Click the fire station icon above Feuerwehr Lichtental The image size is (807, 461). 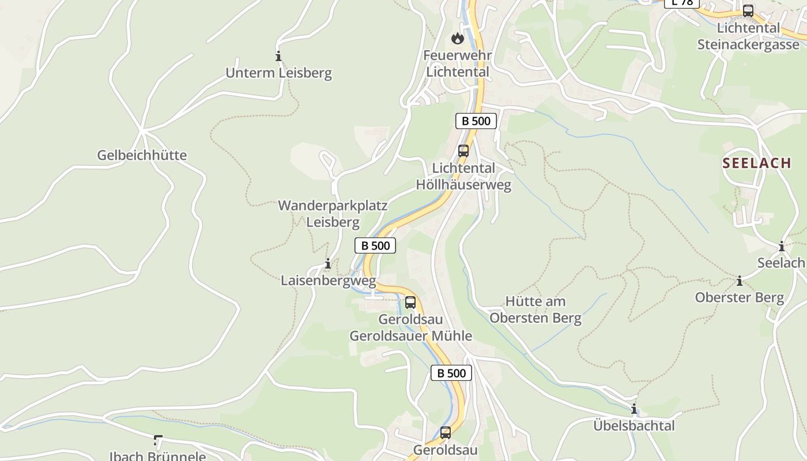click(457, 39)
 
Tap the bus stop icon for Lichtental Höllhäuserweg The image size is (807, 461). click(463, 151)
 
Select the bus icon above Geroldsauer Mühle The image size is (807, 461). click(410, 302)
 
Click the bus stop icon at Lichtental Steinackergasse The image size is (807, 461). click(748, 10)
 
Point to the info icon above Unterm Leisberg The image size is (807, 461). click(278, 56)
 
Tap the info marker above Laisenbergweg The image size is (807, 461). click(327, 264)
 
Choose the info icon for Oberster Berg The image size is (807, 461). click(740, 281)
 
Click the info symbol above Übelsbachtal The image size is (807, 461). click(634, 409)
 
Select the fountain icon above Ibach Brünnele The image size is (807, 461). click(157, 441)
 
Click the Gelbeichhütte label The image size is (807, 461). click(142, 155)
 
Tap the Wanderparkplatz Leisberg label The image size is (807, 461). click(333, 214)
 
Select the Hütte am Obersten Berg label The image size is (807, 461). click(536, 309)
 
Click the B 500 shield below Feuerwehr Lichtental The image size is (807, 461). click(476, 121)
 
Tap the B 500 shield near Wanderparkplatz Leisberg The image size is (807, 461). click(375, 245)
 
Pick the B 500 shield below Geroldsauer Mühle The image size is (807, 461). click(451, 373)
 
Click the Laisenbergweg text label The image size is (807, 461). click(328, 281)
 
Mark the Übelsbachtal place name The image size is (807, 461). click(634, 426)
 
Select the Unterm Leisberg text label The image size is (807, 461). click(278, 73)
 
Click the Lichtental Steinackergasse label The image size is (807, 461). click(748, 36)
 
